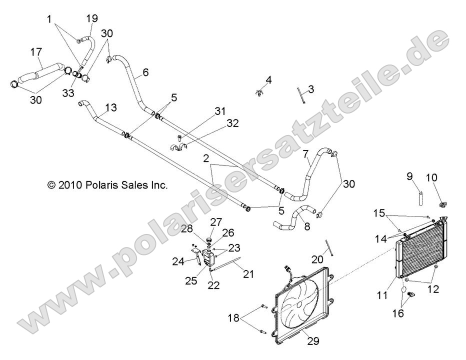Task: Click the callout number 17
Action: click(x=36, y=52)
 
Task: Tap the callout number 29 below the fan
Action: click(x=313, y=340)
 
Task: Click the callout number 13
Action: click(x=111, y=107)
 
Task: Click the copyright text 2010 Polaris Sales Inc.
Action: click(x=107, y=185)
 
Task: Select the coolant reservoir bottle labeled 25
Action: click(x=208, y=258)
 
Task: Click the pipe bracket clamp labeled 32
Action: click(x=179, y=147)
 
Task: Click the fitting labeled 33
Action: click(x=76, y=74)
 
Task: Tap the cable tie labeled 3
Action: click(x=301, y=95)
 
